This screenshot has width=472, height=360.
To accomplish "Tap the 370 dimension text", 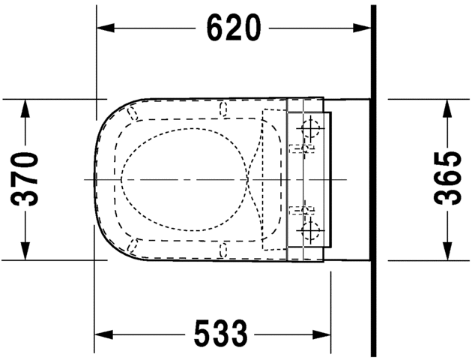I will pos(27,178).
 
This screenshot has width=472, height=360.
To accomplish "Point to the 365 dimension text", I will pos(448,178).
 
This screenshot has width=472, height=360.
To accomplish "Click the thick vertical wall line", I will pos(373,180).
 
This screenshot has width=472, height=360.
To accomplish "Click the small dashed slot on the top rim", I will pos(223,109).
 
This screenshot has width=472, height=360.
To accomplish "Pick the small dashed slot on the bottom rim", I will pos(223,249).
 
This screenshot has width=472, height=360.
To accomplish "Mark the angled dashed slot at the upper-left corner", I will pos(135,114).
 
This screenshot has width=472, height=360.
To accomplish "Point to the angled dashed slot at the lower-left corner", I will pos(135,244).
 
